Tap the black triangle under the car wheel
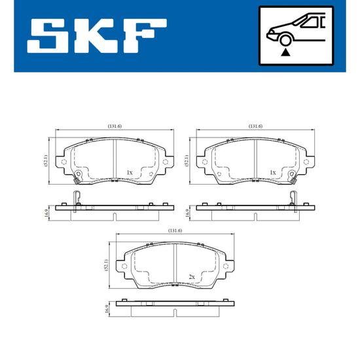(285, 52)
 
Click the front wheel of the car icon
(285, 40)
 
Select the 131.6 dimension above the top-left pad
(115, 126)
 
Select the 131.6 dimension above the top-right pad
(255, 126)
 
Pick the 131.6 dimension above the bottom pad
(175, 230)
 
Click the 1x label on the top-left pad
(130, 172)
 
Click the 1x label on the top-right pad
(273, 172)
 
